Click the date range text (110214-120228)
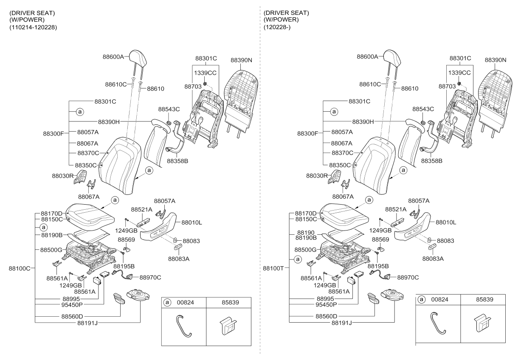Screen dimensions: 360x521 click(x=33, y=27)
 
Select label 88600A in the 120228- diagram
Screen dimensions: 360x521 click(x=367, y=56)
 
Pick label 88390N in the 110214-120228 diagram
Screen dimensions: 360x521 click(x=241, y=60)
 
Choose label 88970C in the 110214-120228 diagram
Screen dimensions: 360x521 click(x=150, y=277)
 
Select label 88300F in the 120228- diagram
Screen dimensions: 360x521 click(x=308, y=133)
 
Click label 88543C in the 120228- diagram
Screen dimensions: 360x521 click(x=423, y=109)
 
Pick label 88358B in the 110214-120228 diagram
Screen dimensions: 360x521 click(x=177, y=161)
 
